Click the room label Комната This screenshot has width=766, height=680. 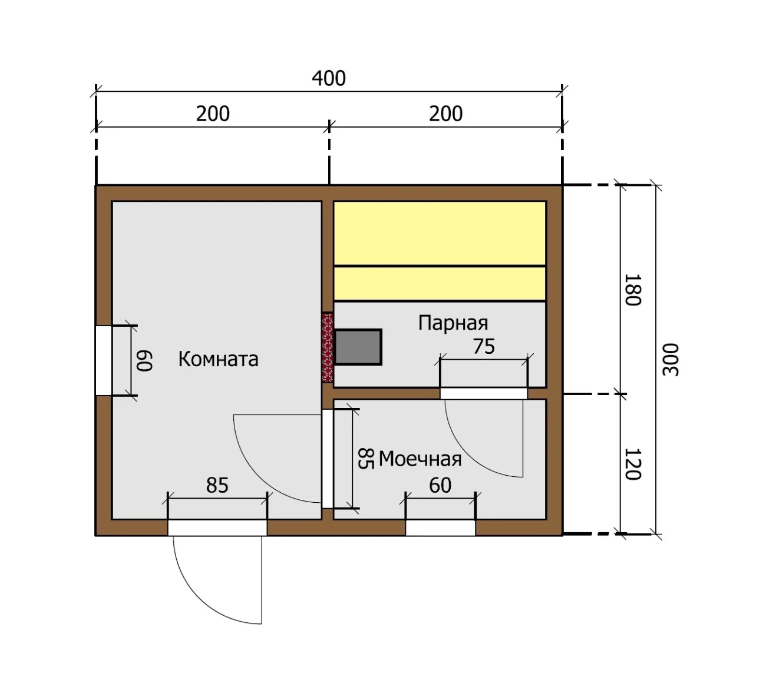(218, 359)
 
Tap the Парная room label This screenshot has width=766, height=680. (453, 323)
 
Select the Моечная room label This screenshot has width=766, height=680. (420, 459)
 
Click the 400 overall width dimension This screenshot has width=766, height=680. (329, 78)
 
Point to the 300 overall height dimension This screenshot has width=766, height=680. (671, 360)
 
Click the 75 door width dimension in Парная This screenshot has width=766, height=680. (484, 346)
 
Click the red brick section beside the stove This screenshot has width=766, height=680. (328, 347)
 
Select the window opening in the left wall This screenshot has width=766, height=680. (103, 360)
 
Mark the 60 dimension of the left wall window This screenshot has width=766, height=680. (144, 361)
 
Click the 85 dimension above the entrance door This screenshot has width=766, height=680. (217, 486)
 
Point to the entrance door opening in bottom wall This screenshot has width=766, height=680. (217, 528)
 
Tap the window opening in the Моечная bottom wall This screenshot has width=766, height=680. (441, 528)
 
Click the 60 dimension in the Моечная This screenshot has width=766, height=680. (440, 486)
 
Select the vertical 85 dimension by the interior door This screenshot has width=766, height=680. (366, 459)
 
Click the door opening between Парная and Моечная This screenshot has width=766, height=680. (484, 393)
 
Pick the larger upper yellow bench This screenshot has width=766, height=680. (440, 234)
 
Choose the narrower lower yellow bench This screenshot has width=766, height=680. (440, 284)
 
